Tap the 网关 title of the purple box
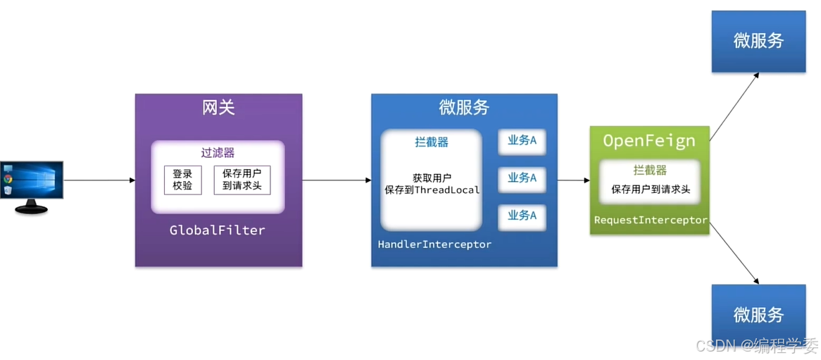[218, 108]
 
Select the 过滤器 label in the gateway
[218, 153]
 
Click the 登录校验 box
[182, 180]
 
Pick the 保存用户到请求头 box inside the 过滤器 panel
[242, 180]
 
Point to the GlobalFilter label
[218, 230]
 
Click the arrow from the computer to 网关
[99, 180]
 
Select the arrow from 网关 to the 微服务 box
[337, 180]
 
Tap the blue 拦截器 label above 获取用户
[431, 142]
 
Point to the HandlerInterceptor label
[434, 244]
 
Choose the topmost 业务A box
[522, 141]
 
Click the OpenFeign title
[648, 141]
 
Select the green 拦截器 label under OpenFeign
[649, 170]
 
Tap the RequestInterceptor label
[650, 221]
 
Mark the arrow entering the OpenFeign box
[574, 180]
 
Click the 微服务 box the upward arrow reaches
[758, 41]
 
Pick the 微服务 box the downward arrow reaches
[758, 314]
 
